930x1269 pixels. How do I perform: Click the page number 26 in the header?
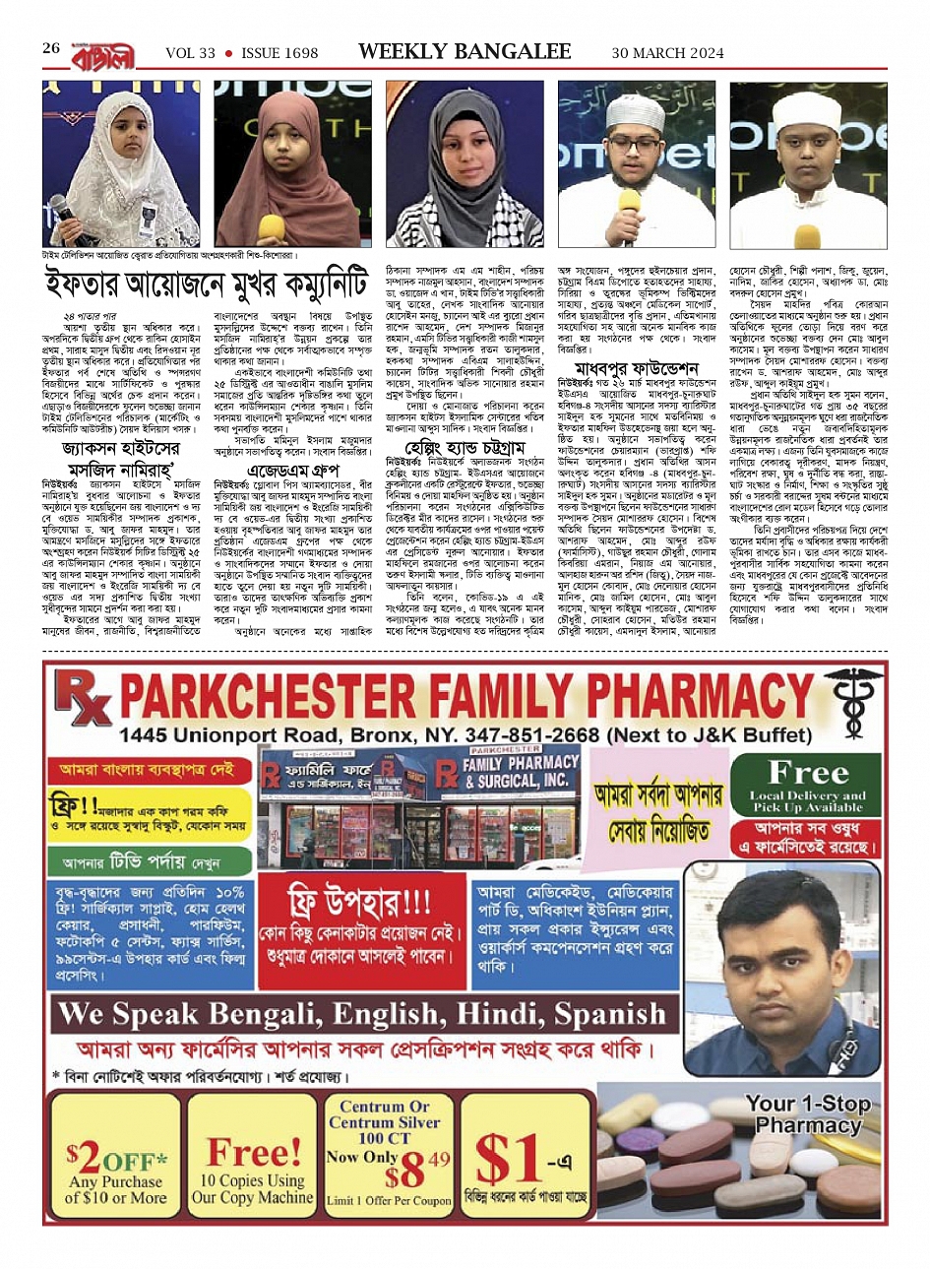51,48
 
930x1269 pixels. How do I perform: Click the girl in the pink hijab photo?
286,164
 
